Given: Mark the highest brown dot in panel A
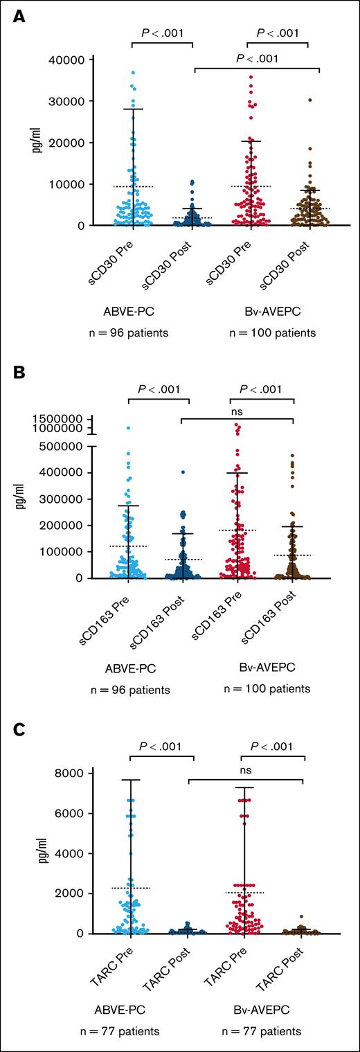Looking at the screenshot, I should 310,100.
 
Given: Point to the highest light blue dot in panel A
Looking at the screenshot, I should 133,72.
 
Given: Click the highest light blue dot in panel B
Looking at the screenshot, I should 128,428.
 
